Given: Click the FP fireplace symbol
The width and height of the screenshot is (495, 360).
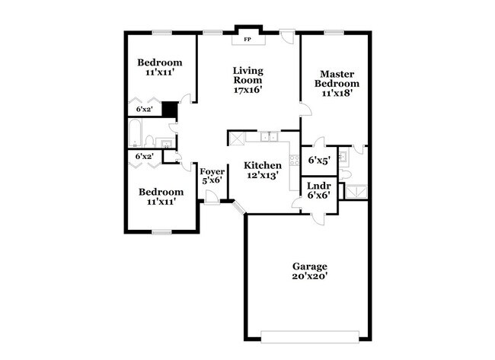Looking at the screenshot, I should coord(247,38).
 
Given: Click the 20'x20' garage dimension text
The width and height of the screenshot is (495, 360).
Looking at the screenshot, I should coord(310,277).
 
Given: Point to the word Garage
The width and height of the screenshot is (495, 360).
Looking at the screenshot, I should coord(310,266).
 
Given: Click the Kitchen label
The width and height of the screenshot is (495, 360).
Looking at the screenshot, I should coord(262,165).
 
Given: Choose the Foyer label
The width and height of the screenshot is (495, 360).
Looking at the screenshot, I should coord(211,172).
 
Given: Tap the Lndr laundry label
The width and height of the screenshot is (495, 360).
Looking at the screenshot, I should coord(318,185).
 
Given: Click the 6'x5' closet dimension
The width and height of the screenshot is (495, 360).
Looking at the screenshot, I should coord(318,161).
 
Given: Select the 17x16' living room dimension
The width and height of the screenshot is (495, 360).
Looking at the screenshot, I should coord(248,89).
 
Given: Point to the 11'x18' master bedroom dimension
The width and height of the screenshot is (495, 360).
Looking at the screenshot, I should coord(335,94).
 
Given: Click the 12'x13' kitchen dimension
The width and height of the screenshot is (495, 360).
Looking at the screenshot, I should coord(262,175).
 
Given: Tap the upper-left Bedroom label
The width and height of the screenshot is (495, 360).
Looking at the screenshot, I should coord(160,62).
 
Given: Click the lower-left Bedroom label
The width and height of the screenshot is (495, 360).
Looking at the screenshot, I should coord(161,192).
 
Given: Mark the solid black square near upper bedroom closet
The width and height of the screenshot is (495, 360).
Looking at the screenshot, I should coord(170,110).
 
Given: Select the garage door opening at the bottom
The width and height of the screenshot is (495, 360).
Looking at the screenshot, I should coord(308,336).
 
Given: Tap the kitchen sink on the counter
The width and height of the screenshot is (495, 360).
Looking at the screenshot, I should coord(269,137).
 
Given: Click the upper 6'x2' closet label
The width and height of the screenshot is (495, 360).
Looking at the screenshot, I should coord(144,110).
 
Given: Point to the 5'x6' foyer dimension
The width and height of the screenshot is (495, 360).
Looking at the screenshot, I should coord(211,181).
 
